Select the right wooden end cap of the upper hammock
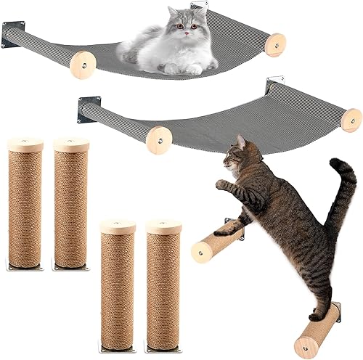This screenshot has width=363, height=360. coord(275,45)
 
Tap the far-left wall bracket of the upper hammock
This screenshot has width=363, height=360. coord(12,35)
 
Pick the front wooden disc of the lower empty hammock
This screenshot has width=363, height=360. coord(158,138)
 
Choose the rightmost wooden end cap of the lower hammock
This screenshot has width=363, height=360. coord(351,120)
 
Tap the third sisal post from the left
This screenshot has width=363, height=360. coord(118,279)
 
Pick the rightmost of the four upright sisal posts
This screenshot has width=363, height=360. coord(163,279)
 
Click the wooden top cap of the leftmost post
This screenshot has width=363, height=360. coord(25,144)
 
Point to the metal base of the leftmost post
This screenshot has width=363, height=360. coord(25,266)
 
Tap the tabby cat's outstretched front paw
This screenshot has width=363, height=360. coord(221,184)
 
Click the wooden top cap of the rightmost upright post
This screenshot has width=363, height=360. coord(163,226)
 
